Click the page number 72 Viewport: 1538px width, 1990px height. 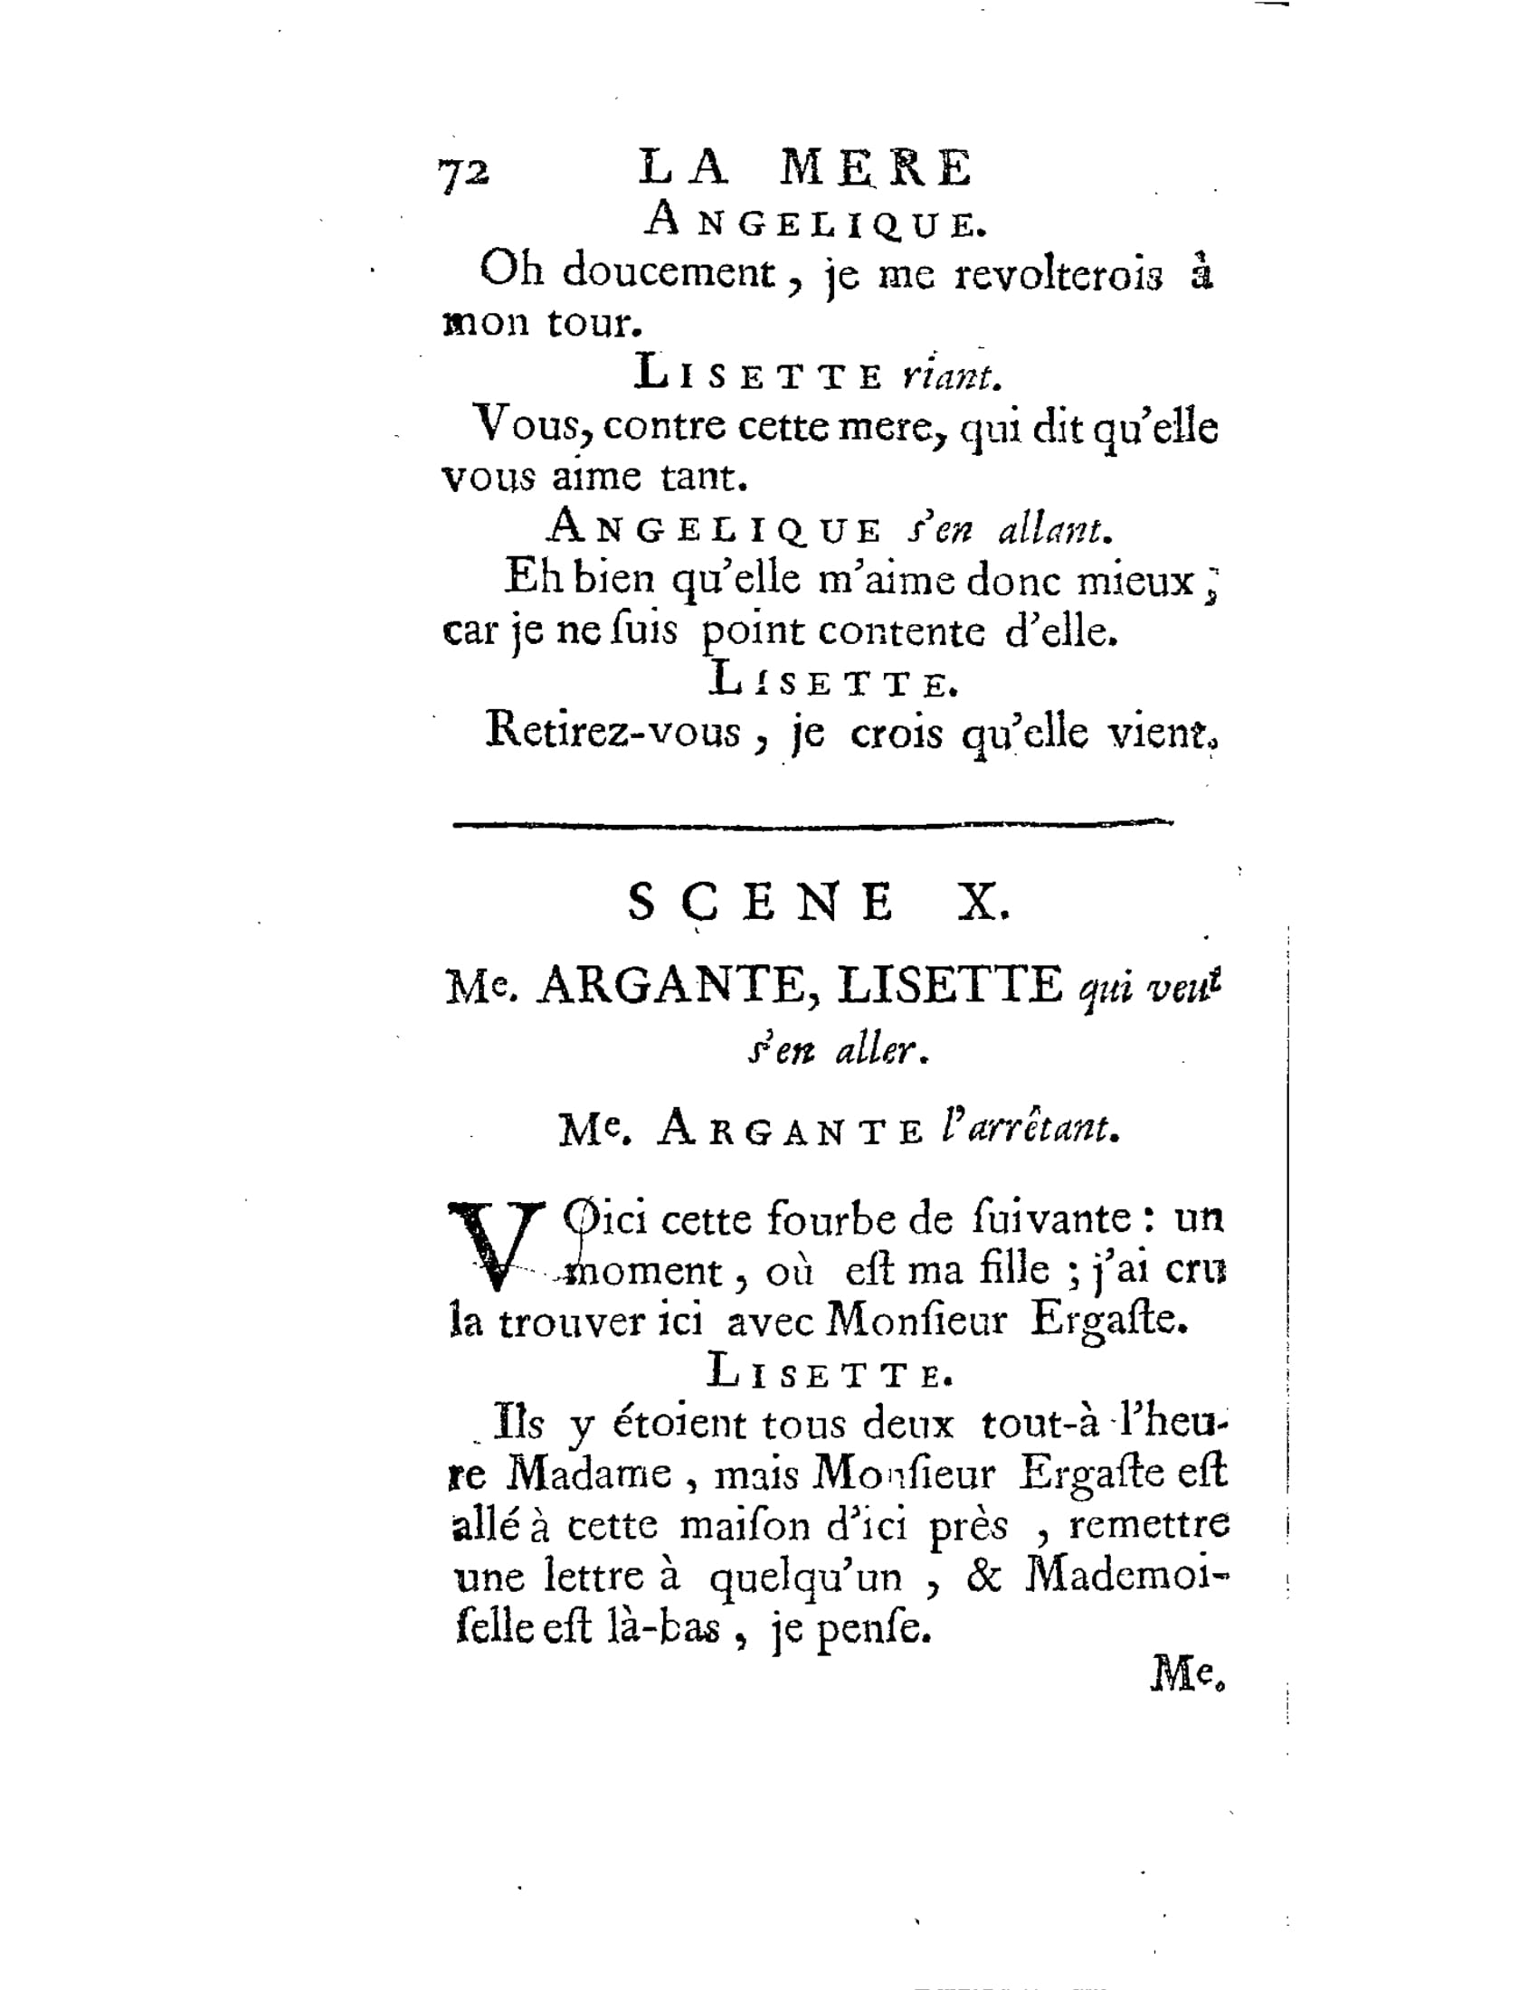(464, 172)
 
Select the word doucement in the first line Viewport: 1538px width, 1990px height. (668, 271)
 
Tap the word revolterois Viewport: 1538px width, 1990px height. (1059, 275)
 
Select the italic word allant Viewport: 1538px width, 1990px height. (1054, 529)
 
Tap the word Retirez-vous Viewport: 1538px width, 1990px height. (613, 731)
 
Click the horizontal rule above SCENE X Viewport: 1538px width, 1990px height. (812, 825)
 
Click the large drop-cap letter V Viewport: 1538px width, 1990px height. (495, 1245)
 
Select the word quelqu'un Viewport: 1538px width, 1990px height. (804, 1578)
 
